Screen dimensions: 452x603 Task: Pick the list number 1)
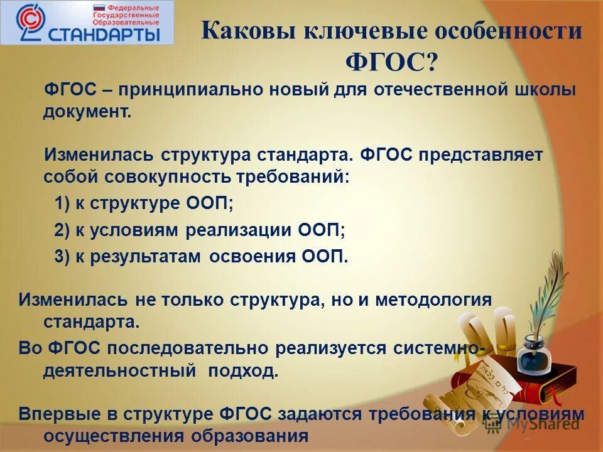pyautogui.click(x=63, y=203)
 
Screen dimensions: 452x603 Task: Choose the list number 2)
pyautogui.click(x=63, y=230)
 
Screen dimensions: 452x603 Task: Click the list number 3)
pyautogui.click(x=63, y=256)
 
